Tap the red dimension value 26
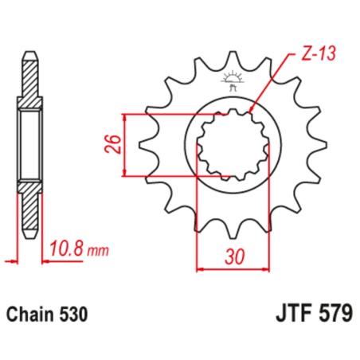click(x=113, y=144)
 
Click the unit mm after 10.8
click(x=97, y=251)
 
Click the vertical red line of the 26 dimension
click(x=127, y=144)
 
